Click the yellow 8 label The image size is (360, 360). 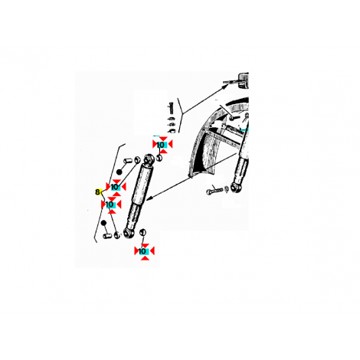click(x=97, y=191)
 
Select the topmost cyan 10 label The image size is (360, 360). click(x=161, y=145)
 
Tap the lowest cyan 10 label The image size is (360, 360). click(x=143, y=251)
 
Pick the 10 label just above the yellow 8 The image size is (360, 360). click(x=116, y=187)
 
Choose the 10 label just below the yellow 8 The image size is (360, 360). click(x=110, y=205)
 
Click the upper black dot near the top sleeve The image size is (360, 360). click(x=119, y=172)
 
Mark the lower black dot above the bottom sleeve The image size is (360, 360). click(x=103, y=223)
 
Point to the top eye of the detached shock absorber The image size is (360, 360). click(x=149, y=159)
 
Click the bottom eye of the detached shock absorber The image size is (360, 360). click(x=127, y=233)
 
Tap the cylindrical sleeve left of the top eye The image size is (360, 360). click(x=128, y=162)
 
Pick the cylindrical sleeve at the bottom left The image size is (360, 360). click(x=107, y=236)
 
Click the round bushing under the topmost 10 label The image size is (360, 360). click(x=159, y=158)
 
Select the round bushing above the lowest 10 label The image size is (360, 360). click(x=142, y=232)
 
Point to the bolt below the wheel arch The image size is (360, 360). click(x=214, y=191)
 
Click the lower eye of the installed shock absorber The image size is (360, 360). click(x=234, y=187)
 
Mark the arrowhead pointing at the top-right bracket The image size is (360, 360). click(x=225, y=87)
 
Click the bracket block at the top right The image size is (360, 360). click(x=244, y=80)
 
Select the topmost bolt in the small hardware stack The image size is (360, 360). click(x=171, y=108)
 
